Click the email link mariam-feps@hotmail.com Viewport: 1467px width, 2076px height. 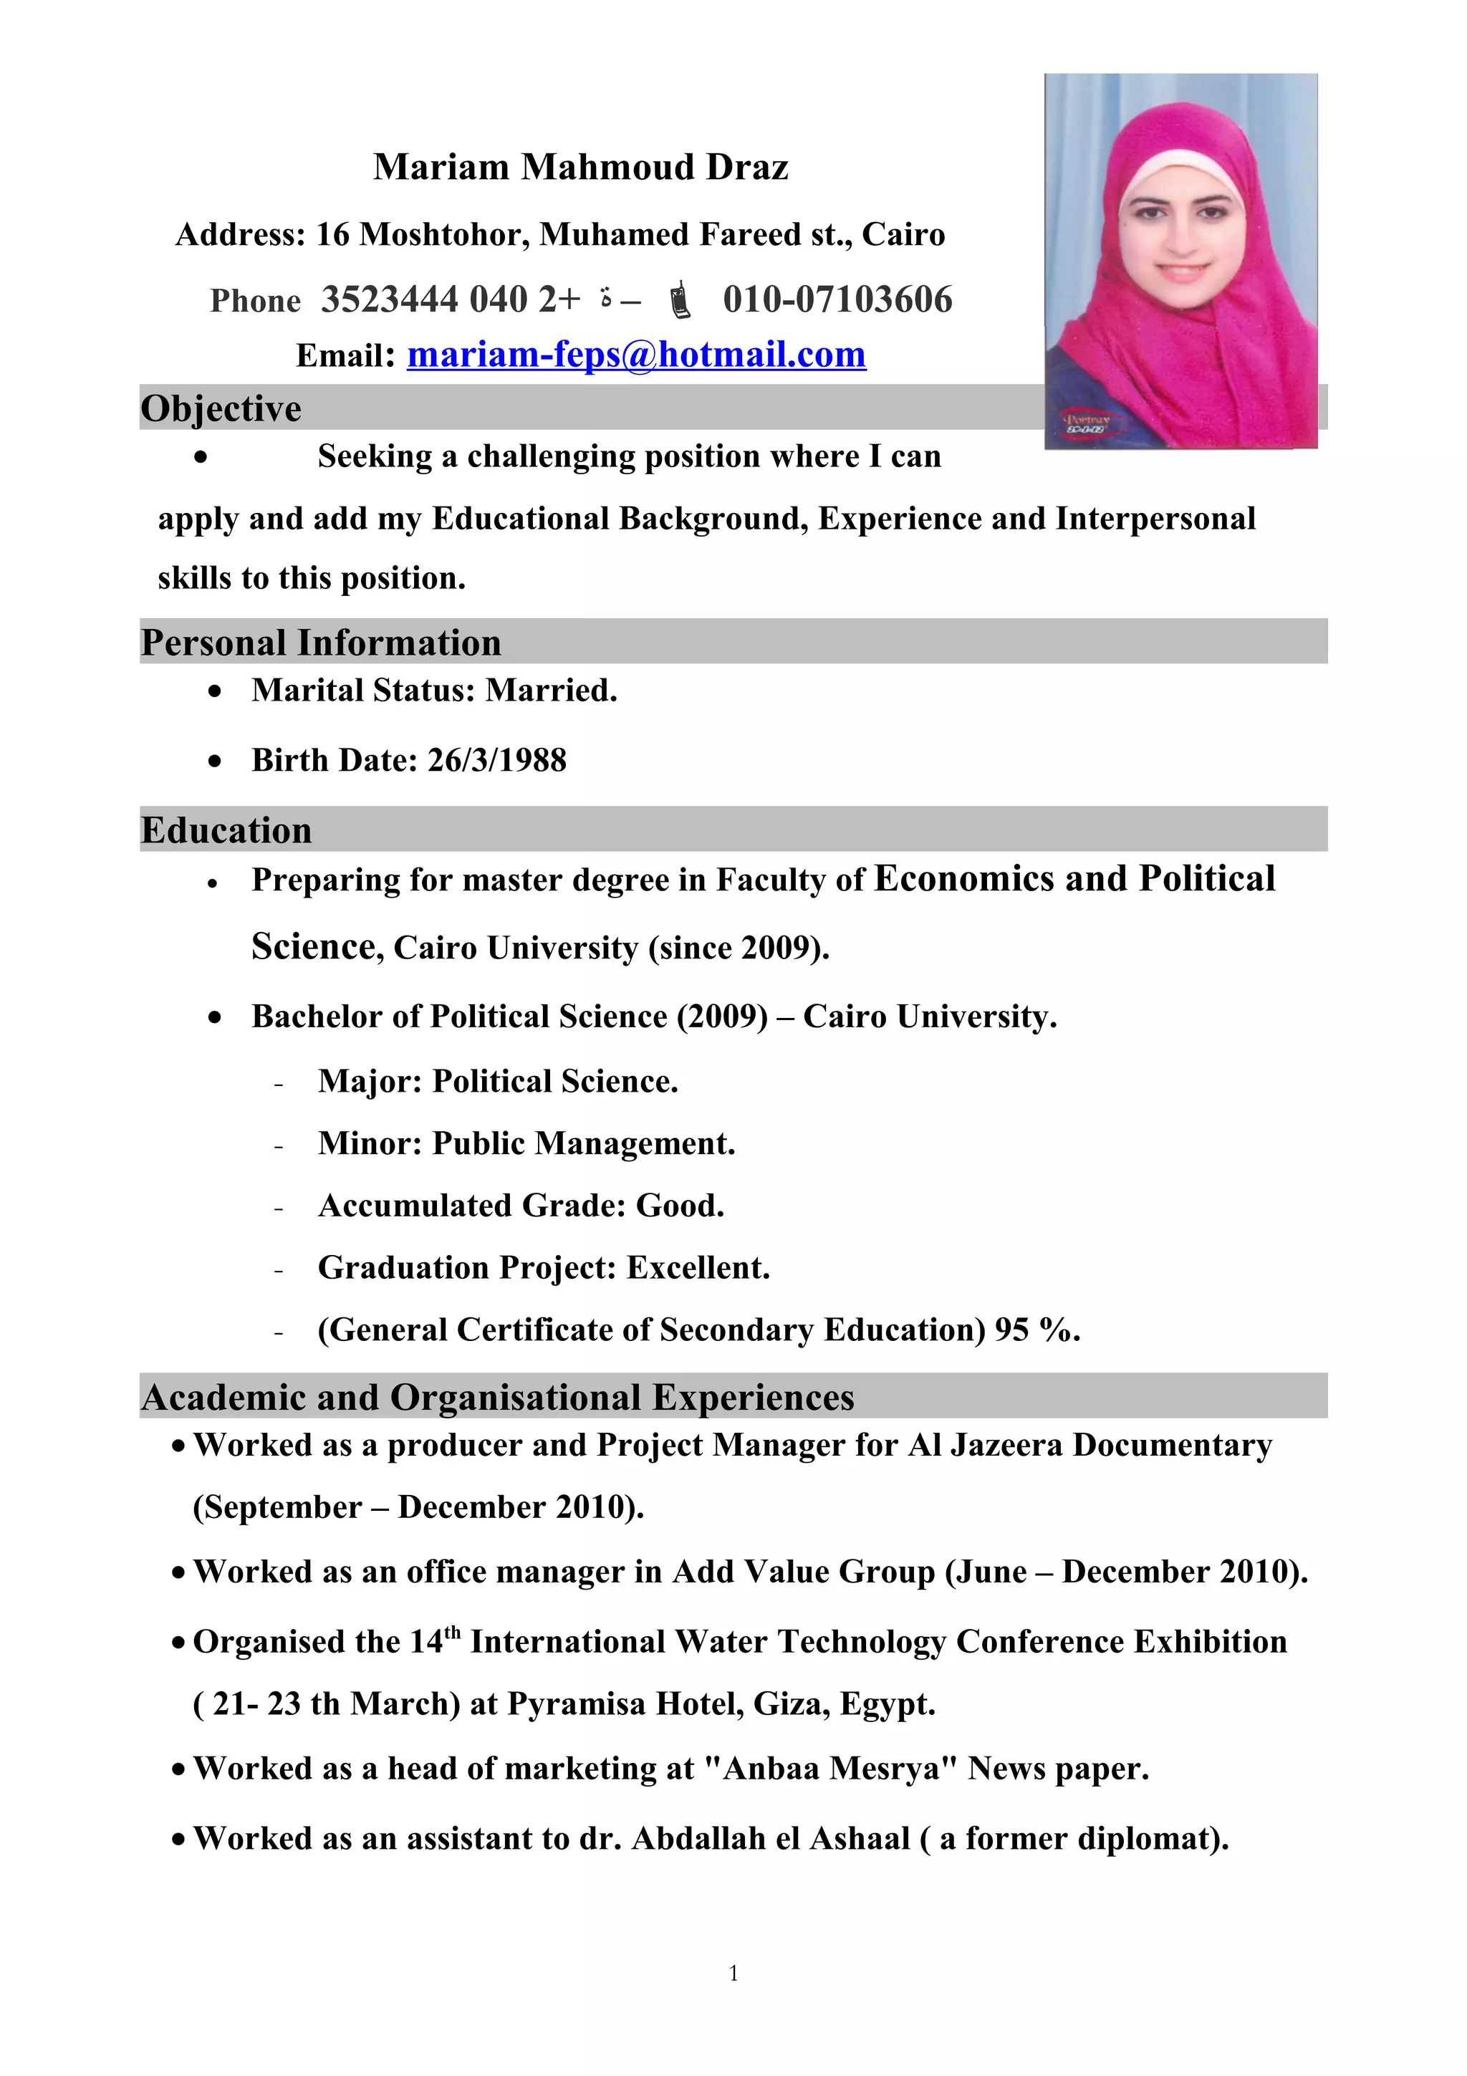(x=635, y=355)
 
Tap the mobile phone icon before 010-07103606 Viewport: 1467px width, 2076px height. (x=680, y=300)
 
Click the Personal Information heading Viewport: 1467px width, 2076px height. (x=320, y=642)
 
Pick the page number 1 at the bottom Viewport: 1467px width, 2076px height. (x=733, y=1972)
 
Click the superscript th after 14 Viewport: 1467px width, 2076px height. (x=452, y=1632)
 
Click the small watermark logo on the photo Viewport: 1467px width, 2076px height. (x=1088, y=424)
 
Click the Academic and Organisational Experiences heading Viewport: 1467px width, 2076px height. (x=497, y=1397)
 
